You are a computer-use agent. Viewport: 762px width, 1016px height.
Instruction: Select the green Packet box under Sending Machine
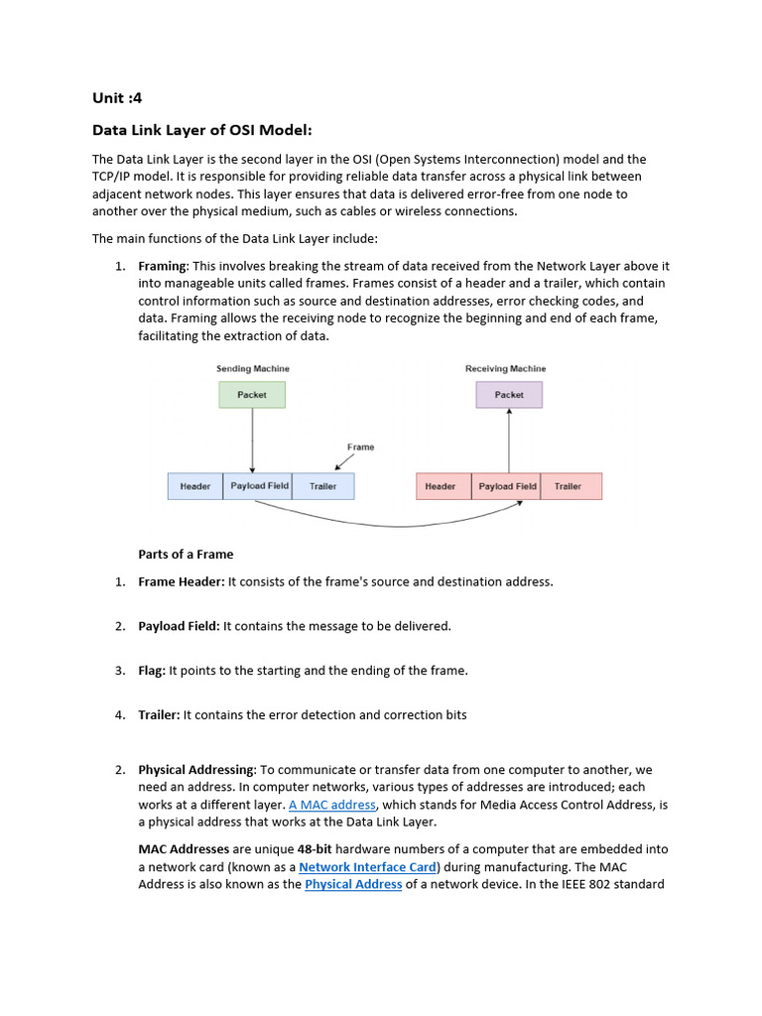pyautogui.click(x=252, y=395)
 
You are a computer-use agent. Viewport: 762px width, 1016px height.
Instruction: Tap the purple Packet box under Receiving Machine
pyautogui.click(x=509, y=395)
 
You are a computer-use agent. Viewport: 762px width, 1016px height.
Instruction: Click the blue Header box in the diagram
pyautogui.click(x=195, y=486)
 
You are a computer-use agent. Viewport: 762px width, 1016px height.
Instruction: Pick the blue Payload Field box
pyautogui.click(x=259, y=486)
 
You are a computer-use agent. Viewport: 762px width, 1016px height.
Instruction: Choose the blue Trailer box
pyautogui.click(x=322, y=486)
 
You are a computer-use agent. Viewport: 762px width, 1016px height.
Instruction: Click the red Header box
pyautogui.click(x=441, y=486)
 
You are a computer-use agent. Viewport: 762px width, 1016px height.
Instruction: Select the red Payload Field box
pyautogui.click(x=507, y=486)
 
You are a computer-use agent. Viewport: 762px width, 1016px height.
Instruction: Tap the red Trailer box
pyautogui.click(x=569, y=486)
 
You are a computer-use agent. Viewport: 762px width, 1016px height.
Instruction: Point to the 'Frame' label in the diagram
pyautogui.click(x=360, y=447)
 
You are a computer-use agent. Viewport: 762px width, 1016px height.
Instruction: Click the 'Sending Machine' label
pyautogui.click(x=253, y=369)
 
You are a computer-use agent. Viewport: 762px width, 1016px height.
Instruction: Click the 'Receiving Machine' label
pyautogui.click(x=505, y=369)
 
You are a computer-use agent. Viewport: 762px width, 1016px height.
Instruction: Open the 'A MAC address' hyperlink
pyautogui.click(x=332, y=805)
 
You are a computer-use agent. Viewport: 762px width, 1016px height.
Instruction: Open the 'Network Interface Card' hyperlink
pyautogui.click(x=367, y=867)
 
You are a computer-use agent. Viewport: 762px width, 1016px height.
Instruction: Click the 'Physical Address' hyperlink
pyautogui.click(x=353, y=884)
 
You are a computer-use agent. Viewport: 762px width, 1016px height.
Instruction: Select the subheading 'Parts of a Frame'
pyautogui.click(x=186, y=555)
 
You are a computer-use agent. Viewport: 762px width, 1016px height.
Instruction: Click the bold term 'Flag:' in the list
pyautogui.click(x=152, y=671)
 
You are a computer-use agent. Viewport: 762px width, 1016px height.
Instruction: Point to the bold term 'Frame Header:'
pyautogui.click(x=182, y=581)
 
